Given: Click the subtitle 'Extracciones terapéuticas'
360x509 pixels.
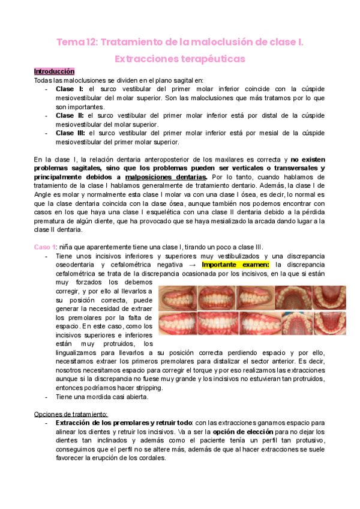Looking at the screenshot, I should pos(180,59).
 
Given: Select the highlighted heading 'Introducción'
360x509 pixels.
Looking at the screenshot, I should pos(54,71).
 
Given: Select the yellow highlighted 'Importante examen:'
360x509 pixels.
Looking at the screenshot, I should pos(236,265).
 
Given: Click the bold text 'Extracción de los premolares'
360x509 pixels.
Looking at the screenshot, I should pos(103,423).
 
